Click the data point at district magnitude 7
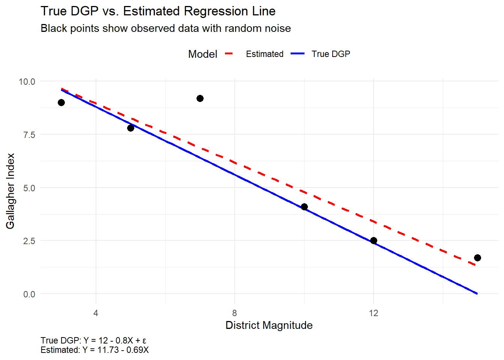click(x=200, y=99)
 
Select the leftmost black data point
click(x=61, y=103)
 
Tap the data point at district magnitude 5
click(x=130, y=128)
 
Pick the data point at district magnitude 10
click(x=304, y=207)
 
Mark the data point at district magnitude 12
click(x=373, y=241)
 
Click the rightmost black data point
click(x=477, y=258)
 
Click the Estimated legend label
click(x=264, y=54)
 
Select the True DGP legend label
click(x=331, y=54)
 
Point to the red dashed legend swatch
click(x=229, y=54)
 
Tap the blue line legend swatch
click(x=297, y=54)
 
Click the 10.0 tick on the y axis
click(x=27, y=82)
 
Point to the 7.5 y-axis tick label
click(x=29, y=135)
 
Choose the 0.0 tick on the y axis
click(x=29, y=294)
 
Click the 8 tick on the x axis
click(x=235, y=313)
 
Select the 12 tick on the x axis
click(x=373, y=313)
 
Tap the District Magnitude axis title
click(x=269, y=325)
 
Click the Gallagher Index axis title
click(x=10, y=191)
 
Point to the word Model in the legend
click(x=202, y=54)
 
